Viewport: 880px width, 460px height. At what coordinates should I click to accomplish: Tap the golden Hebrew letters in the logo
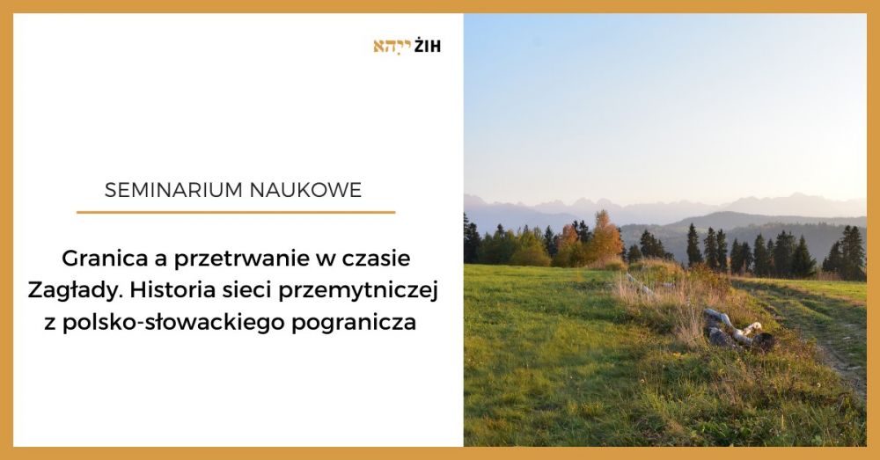(x=392, y=46)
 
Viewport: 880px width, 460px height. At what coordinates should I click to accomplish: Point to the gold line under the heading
(x=235, y=212)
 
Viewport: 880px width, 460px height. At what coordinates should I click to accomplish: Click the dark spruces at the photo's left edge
(x=473, y=242)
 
